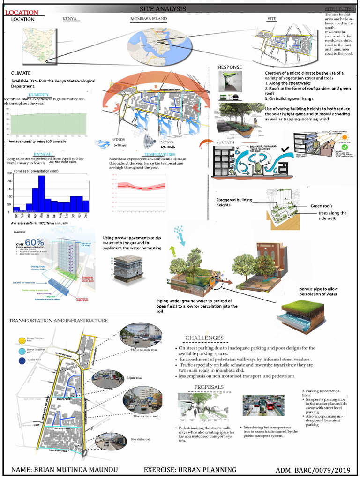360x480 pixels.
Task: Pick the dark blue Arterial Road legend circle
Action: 22,361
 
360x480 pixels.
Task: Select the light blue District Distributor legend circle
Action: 22,351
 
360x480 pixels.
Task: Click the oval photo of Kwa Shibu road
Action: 110,442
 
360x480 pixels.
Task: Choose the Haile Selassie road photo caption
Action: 145,350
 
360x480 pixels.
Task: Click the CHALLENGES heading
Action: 204,337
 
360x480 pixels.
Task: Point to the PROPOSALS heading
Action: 209,387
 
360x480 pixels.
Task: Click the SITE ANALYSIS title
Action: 163,9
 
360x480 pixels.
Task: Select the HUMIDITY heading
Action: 38,95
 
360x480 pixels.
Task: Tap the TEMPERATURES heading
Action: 160,154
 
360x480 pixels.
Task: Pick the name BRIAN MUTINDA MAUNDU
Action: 70,470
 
